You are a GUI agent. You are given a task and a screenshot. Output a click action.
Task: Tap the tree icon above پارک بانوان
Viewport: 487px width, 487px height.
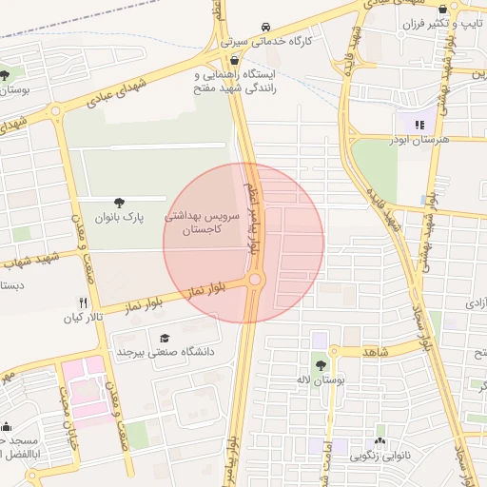tap(119, 203)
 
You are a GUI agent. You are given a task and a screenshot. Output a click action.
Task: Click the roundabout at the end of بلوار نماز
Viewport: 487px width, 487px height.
tap(255, 280)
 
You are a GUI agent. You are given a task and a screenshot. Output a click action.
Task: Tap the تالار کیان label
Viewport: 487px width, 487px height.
tap(82, 316)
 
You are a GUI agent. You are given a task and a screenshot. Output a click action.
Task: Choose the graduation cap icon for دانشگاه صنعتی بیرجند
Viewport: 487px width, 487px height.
tap(165, 337)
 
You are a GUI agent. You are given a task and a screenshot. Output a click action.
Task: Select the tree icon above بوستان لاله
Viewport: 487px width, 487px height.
tap(321, 362)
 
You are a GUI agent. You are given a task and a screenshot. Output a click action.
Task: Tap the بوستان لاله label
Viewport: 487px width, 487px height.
tap(319, 380)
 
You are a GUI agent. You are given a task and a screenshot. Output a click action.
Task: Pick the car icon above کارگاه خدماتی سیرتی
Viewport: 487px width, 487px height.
tap(263, 27)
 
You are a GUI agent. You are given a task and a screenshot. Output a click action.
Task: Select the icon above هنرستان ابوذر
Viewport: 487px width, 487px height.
tap(417, 124)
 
